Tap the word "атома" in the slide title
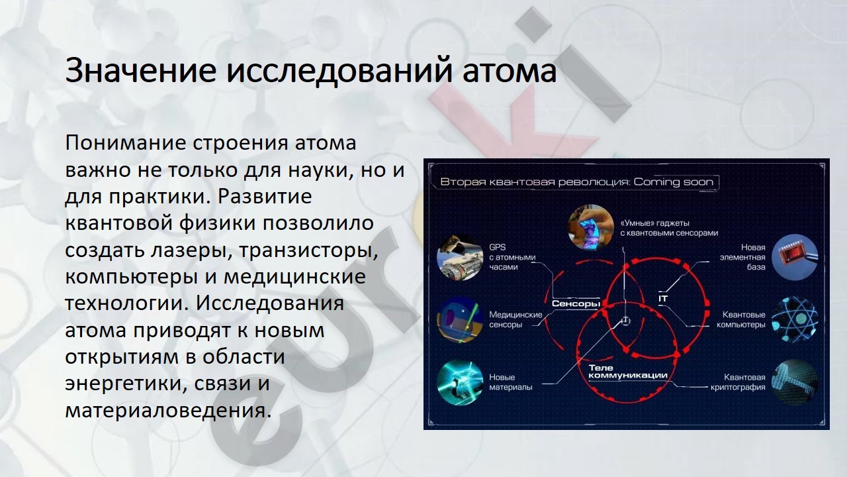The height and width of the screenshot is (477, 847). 510,72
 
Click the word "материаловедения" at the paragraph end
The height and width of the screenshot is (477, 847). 168,410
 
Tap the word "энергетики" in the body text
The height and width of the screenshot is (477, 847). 126,384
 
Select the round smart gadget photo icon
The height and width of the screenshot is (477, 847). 591,227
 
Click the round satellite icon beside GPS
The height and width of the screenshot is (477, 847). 460,258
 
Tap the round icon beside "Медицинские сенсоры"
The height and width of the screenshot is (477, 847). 460,320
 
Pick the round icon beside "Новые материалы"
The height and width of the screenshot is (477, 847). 460,382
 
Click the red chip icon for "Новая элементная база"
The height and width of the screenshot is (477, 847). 795,258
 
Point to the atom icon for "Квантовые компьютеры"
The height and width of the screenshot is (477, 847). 795,320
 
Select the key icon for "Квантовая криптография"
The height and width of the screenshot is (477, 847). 795,382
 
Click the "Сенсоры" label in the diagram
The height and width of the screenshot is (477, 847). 576,303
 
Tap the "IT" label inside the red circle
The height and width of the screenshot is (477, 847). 663,299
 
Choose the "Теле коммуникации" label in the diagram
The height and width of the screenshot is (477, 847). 628,372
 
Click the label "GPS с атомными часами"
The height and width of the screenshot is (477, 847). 512,258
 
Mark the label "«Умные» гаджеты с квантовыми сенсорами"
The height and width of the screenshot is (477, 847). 669,228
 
